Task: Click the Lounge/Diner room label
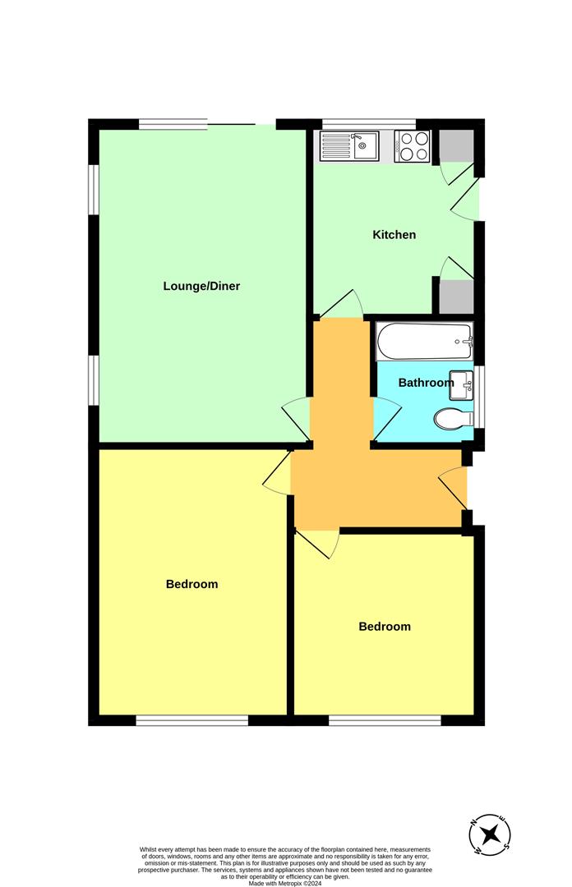[201, 287]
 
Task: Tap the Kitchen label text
[394, 235]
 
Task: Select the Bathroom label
[426, 383]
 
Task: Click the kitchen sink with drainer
[349, 146]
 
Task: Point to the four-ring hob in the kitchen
[413, 146]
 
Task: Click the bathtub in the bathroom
[425, 342]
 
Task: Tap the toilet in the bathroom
[454, 419]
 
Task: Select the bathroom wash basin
[462, 385]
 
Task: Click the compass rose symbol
[491, 834]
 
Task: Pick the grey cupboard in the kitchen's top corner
[456, 145]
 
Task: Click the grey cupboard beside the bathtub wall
[456, 296]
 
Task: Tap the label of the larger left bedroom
[192, 585]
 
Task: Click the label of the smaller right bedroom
[385, 627]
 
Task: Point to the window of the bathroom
[478, 398]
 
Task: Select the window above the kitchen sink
[369, 124]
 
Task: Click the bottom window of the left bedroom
[192, 720]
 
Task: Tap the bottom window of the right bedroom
[385, 720]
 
